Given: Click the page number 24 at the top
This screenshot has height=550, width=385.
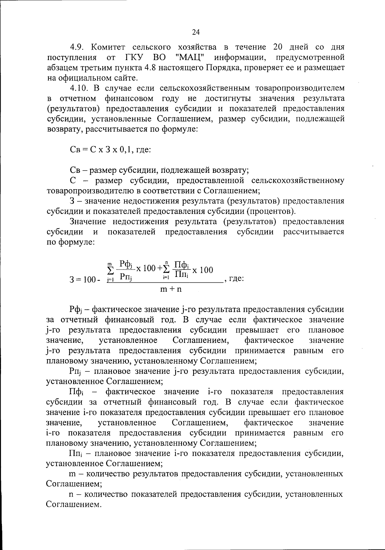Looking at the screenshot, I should tap(196, 32).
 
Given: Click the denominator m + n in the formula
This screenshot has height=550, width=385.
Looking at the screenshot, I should tap(171, 289).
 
